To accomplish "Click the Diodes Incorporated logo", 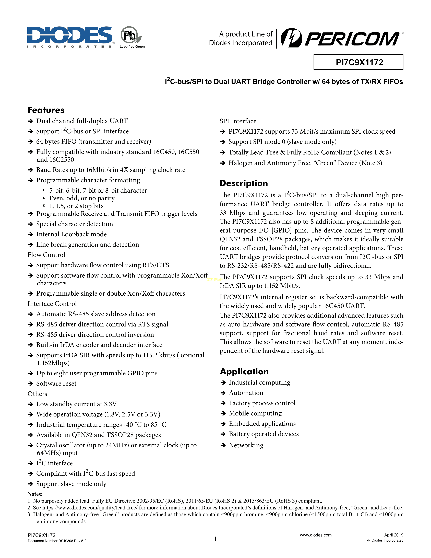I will tap(70, 37).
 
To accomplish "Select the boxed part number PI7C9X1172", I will tap(358, 62).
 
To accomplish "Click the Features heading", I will tap(46, 110).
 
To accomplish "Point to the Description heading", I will tap(244, 183).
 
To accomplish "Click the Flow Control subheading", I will tap(46, 255).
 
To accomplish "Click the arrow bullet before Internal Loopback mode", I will tap(30, 235).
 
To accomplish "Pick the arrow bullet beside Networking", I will tap(223, 446).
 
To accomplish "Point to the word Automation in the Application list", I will tap(246, 393).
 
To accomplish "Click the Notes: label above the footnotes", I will tap(35, 494).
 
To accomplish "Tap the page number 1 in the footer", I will tap(215, 539).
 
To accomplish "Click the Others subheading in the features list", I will tap(37, 394).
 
